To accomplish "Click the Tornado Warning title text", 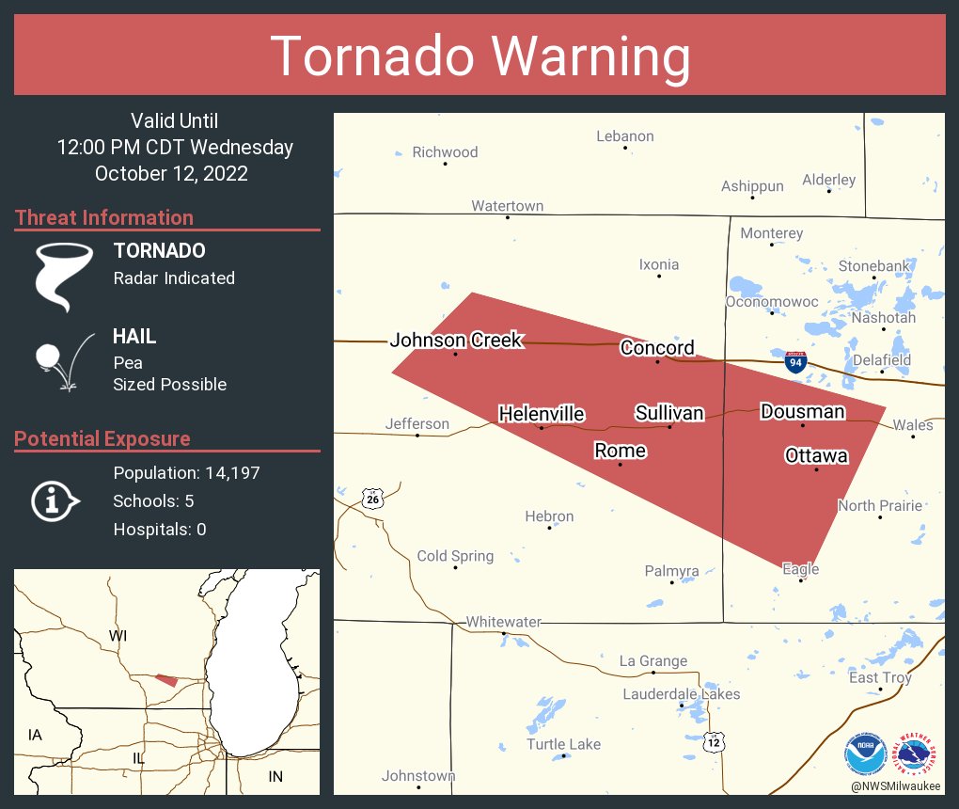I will pos(479,56).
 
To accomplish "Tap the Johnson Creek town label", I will pos(456,341).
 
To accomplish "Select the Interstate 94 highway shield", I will pos(795,362).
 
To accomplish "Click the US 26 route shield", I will pos(373,499).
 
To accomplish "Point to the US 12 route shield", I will pos(715,742).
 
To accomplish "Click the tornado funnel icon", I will pos(64,276).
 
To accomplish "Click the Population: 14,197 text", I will pos(186,472).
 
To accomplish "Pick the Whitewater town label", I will pos(504,622).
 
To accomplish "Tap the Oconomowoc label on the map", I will pos(772,302).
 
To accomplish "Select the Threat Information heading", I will pos(104,217).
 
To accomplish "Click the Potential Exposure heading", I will pos(102,438).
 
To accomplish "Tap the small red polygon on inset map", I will pos(166,679).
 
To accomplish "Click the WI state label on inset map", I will pos(118,636).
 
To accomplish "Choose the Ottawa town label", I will pos(816,456).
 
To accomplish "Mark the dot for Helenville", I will pos(541,428).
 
